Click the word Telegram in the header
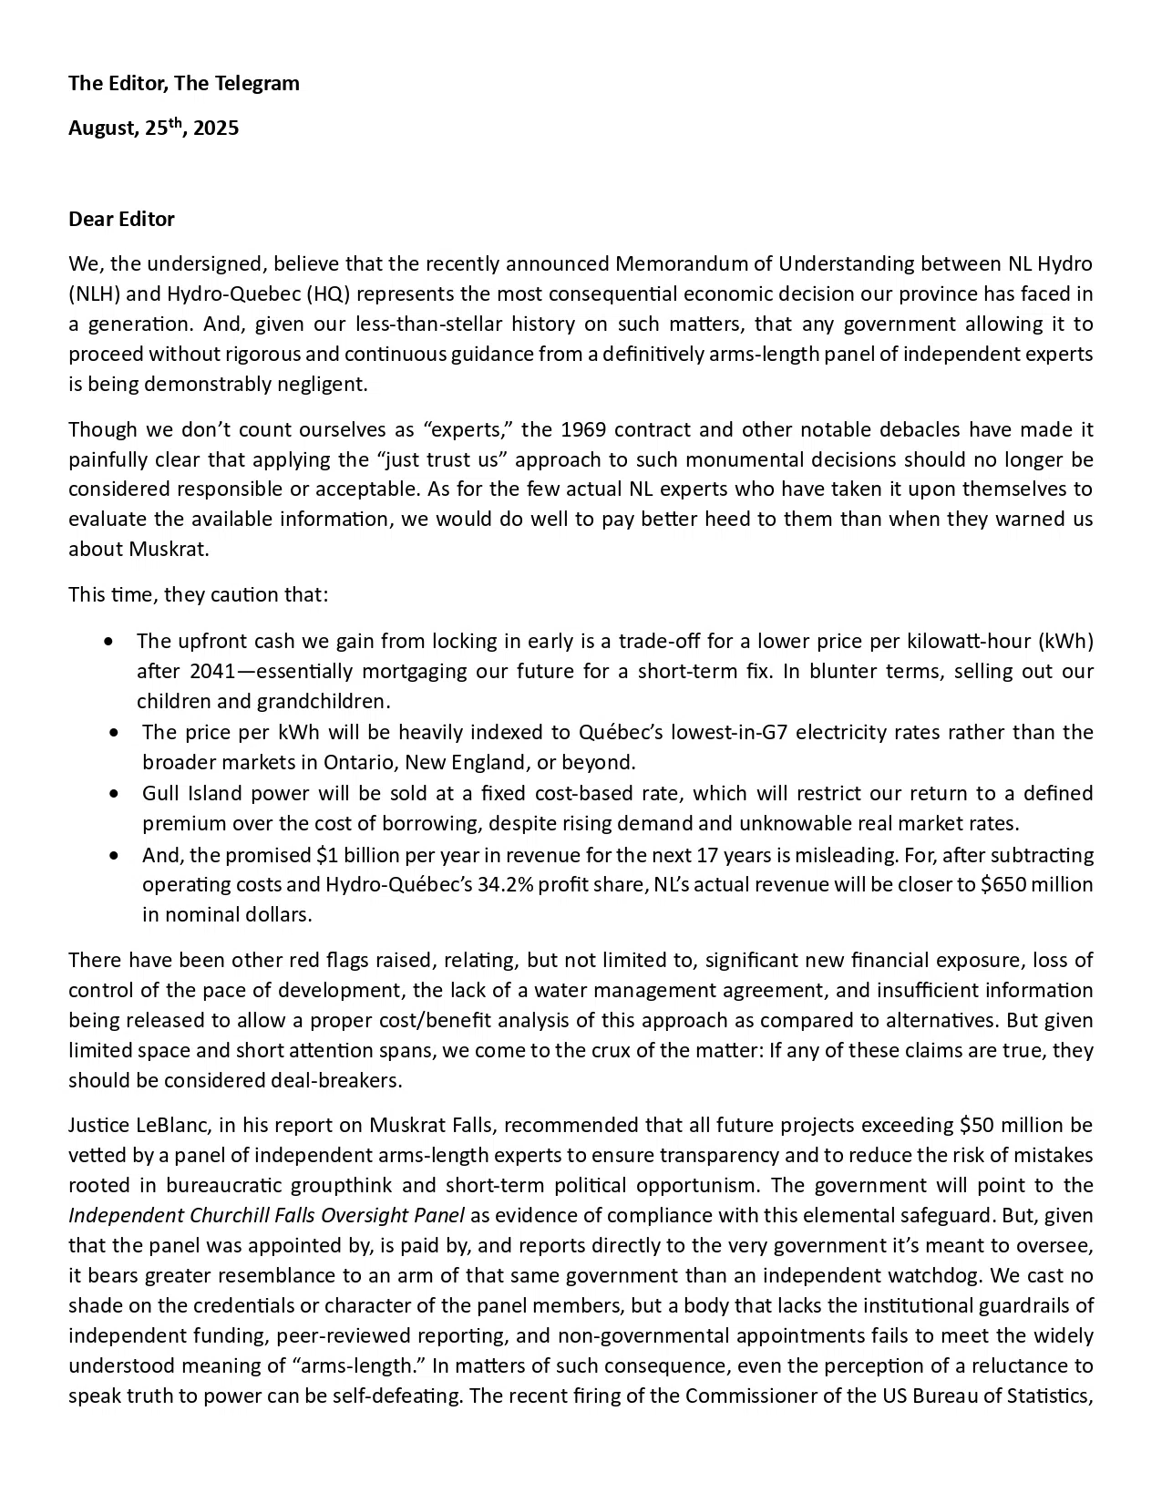(258, 84)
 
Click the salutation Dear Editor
(121, 220)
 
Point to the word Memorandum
(688, 264)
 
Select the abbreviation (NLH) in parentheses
(93, 294)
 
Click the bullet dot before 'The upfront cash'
(110, 642)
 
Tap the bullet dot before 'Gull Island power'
(113, 794)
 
